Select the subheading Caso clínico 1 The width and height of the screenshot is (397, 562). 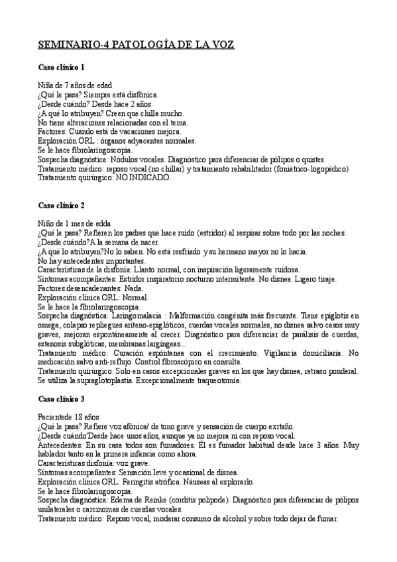(60, 68)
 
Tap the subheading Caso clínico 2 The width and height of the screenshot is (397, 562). (60, 205)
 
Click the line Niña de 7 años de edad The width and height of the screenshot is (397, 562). (75, 85)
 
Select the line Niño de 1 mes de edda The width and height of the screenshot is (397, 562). (74, 223)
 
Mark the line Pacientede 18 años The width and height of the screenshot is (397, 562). (70, 417)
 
